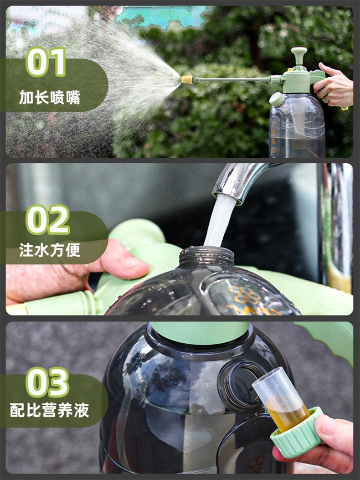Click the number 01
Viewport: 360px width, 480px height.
coord(46,62)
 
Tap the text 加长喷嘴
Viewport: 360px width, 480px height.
coord(50,98)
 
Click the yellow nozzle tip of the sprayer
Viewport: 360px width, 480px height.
coord(187,80)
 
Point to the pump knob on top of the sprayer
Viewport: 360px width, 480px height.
coord(299,55)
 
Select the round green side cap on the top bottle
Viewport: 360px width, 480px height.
coord(277,99)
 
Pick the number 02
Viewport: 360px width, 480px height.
coord(48,220)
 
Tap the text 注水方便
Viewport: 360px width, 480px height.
coord(50,250)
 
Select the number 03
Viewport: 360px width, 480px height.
coord(47,382)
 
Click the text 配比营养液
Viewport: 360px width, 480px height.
coord(50,410)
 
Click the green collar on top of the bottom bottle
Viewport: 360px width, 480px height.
coord(200,332)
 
